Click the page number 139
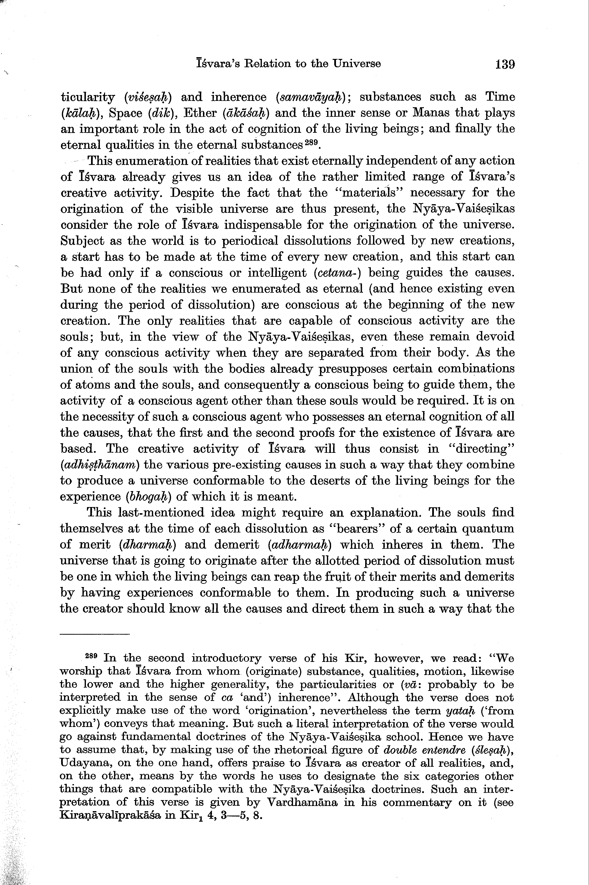pos(505,64)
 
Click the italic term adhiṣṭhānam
pos(100,465)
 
